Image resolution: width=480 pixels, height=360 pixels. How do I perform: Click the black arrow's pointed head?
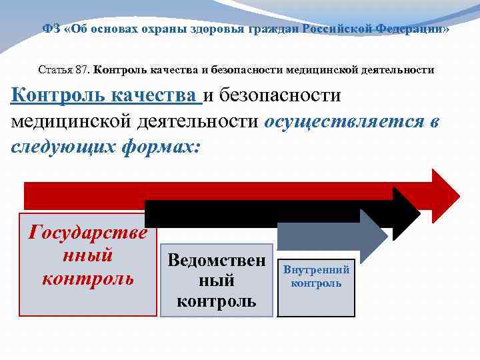point(406,213)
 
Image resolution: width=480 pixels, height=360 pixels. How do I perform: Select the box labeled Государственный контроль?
point(87,264)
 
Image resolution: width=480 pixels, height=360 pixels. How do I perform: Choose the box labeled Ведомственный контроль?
point(216,280)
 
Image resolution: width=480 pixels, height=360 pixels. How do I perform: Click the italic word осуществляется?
point(343,121)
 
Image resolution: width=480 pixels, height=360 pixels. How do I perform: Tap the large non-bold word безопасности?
point(279,96)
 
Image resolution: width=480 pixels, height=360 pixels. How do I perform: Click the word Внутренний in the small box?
point(316,270)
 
